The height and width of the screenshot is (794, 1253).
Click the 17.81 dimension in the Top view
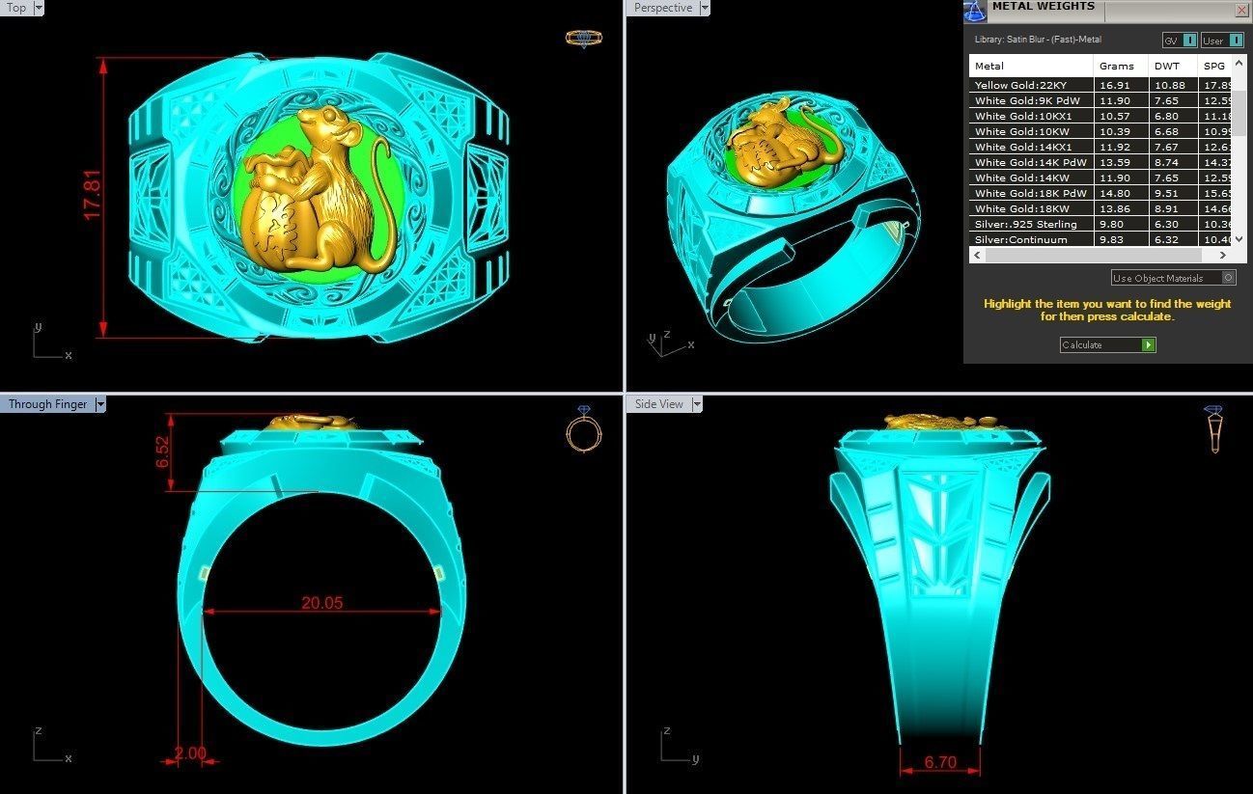tap(93, 196)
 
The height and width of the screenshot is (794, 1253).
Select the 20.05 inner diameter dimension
tap(321, 603)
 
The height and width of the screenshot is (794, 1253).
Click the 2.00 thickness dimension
tap(191, 753)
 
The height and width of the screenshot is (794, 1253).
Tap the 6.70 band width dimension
tap(939, 762)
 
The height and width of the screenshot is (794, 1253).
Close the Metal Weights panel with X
tap(1241, 10)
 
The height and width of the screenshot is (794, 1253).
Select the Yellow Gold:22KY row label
tap(1020, 85)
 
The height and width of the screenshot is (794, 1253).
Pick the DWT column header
tap(1166, 66)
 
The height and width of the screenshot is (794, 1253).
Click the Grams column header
tap(1117, 66)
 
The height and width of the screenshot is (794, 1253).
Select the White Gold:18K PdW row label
tap(1029, 193)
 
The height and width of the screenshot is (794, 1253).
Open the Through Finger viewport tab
tap(47, 404)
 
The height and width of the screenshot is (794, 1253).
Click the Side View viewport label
tap(659, 404)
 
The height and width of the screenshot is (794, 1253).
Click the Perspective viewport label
tap(663, 8)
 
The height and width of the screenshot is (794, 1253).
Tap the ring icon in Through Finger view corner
tap(583, 429)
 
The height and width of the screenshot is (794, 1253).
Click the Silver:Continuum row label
tap(1020, 239)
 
